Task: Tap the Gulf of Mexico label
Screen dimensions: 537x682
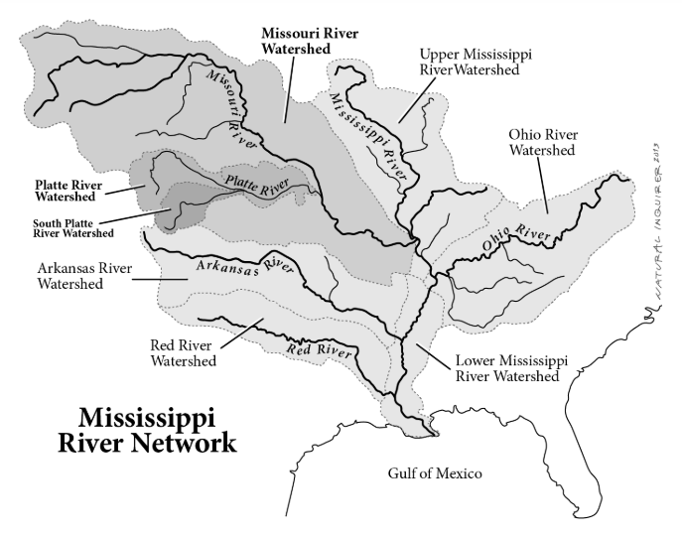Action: click(x=434, y=473)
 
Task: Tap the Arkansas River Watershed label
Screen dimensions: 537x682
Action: click(x=85, y=275)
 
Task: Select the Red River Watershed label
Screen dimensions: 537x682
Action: click(x=184, y=353)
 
